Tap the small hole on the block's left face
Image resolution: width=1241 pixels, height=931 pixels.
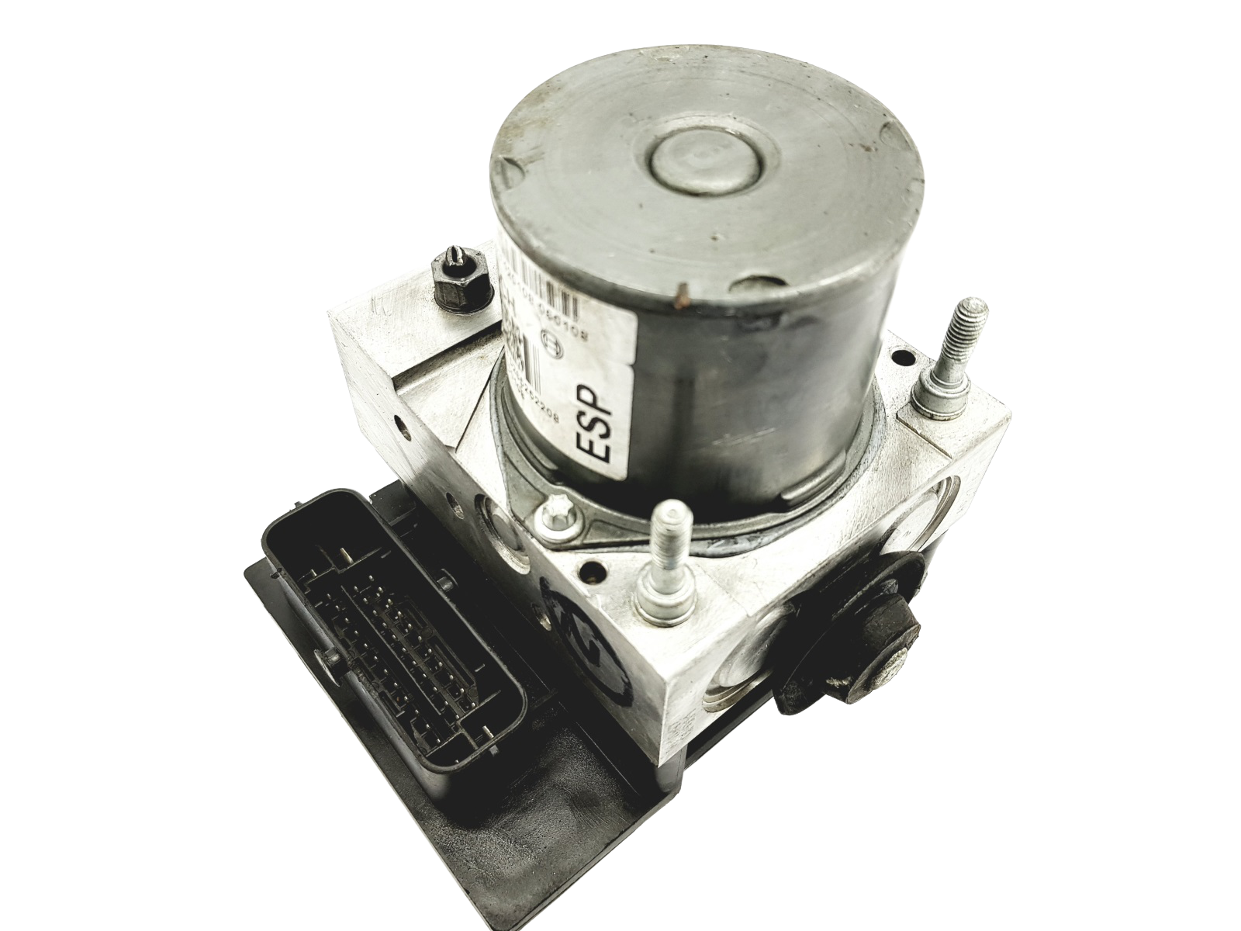tap(400, 425)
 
